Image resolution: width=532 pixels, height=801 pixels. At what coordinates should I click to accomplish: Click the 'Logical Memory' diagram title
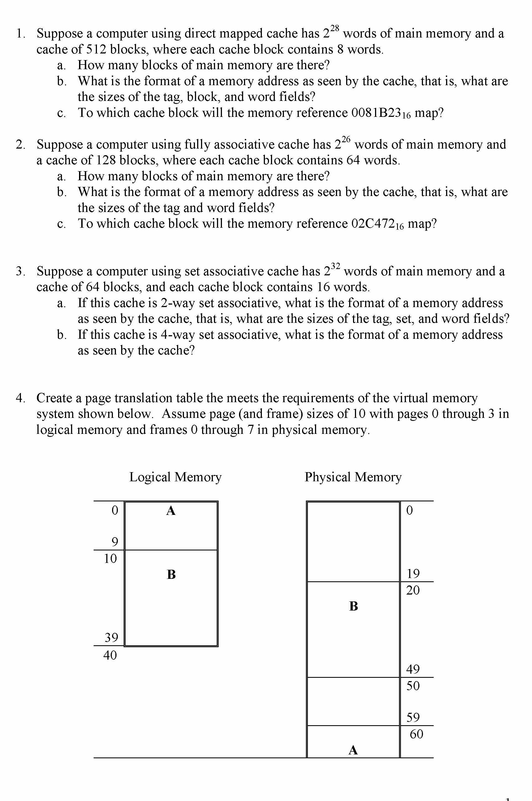pyautogui.click(x=175, y=477)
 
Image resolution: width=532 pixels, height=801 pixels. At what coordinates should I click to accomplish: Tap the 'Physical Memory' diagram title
pyautogui.click(x=353, y=477)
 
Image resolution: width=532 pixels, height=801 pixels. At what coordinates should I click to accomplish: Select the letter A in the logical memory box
pyautogui.click(x=171, y=510)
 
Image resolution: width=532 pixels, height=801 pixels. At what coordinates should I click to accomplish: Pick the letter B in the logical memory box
pyautogui.click(x=171, y=574)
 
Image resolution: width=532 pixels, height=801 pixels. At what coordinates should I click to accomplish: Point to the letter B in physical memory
pyautogui.click(x=353, y=606)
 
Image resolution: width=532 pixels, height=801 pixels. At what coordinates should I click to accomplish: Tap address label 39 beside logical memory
pyautogui.click(x=111, y=638)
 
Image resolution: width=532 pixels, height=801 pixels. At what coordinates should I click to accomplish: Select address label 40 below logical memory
pyautogui.click(x=110, y=655)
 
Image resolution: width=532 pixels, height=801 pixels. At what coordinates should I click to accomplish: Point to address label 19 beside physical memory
pyautogui.click(x=413, y=574)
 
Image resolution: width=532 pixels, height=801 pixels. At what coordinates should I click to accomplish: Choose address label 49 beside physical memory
pyautogui.click(x=413, y=669)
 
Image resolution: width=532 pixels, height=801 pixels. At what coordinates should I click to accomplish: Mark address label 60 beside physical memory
pyautogui.click(x=416, y=734)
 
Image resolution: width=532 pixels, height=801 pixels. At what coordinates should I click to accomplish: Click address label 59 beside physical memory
pyautogui.click(x=413, y=717)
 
